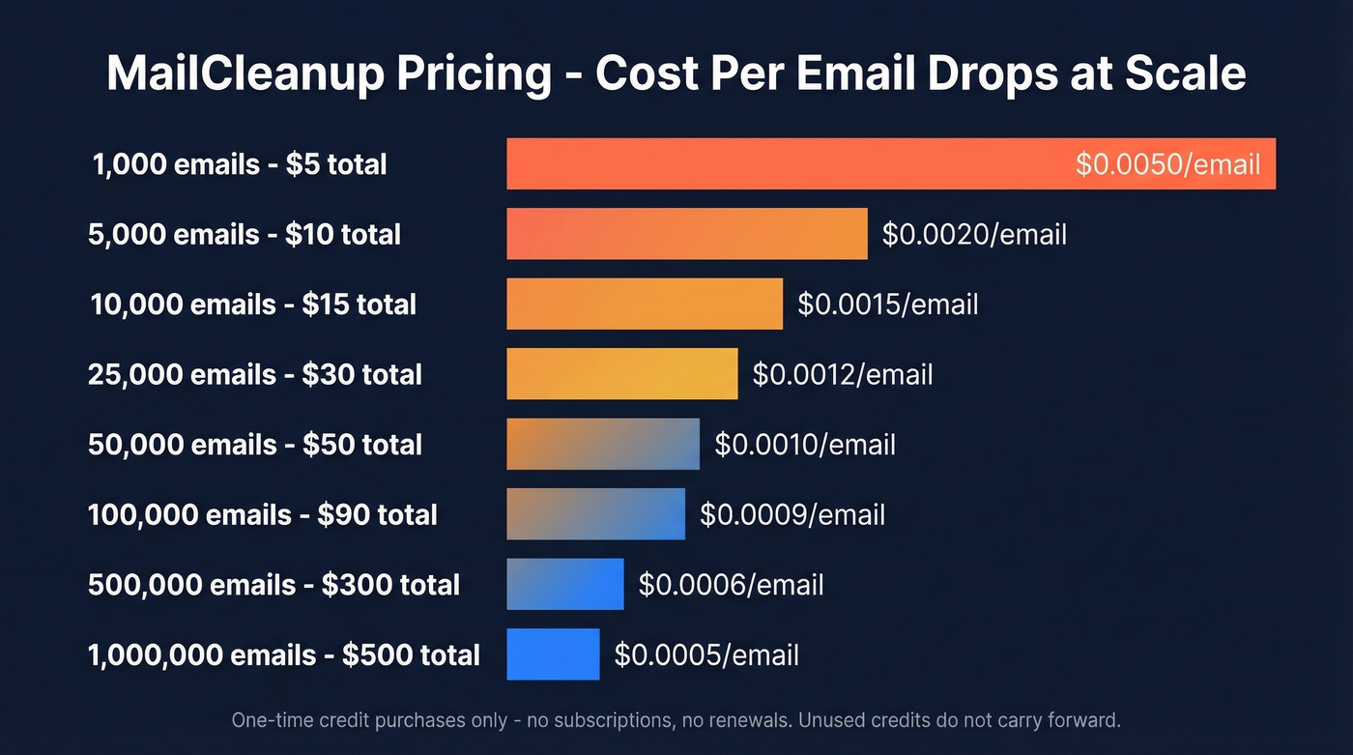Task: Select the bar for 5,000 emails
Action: (x=686, y=233)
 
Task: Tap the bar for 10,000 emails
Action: (x=645, y=304)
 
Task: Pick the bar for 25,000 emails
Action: (x=621, y=373)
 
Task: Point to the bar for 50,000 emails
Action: (x=602, y=444)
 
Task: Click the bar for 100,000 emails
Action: (x=595, y=513)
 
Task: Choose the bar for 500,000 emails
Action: (x=564, y=584)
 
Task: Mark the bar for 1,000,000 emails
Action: (x=553, y=653)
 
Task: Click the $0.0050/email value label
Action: (x=1167, y=163)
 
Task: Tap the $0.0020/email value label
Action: (x=974, y=234)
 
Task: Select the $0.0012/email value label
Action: (x=843, y=374)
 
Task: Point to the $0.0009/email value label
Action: (x=792, y=514)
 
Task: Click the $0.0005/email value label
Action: (x=706, y=654)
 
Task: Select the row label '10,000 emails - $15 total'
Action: (x=253, y=305)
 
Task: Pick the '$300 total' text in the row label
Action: (x=390, y=585)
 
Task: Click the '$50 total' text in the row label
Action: (x=362, y=445)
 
